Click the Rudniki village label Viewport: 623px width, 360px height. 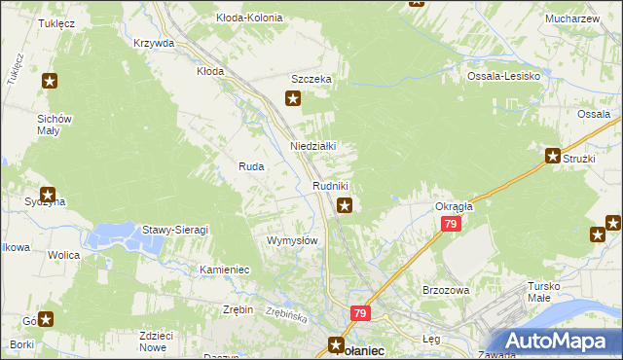[x=330, y=185]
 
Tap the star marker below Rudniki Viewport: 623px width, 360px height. [x=345, y=205]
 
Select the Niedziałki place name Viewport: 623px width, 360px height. [x=313, y=146]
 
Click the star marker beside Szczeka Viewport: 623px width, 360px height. [x=292, y=97]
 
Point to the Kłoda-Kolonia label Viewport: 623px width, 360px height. [x=249, y=18]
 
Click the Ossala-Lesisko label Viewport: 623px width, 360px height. [x=502, y=77]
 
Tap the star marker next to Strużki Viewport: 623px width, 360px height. [x=552, y=156]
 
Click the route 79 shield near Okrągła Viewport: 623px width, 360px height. [x=450, y=224]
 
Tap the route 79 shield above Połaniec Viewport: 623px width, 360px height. [x=360, y=313]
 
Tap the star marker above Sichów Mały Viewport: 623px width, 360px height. [x=50, y=83]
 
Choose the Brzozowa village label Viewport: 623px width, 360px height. [x=447, y=290]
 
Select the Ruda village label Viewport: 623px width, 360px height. [x=251, y=166]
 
